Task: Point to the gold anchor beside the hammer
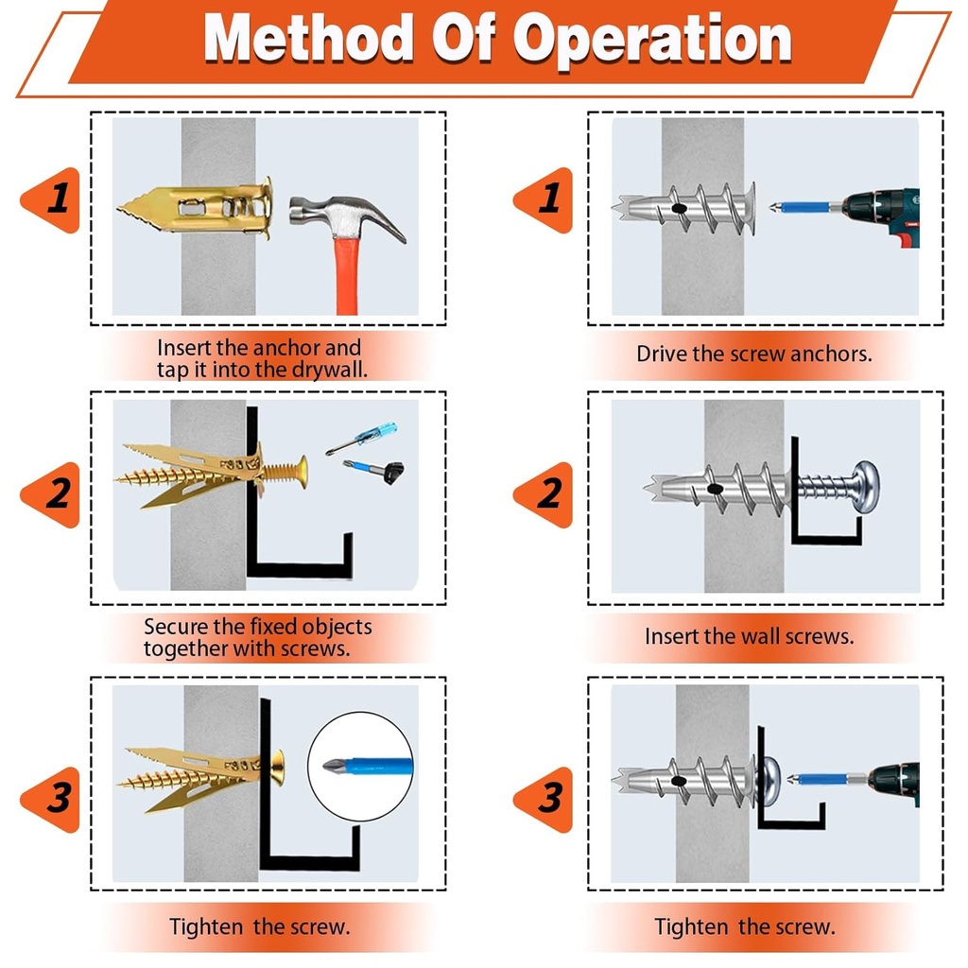[203, 206]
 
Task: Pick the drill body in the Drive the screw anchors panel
[885, 212]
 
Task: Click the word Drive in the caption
[661, 354]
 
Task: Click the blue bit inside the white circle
[364, 767]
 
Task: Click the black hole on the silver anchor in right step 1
[678, 208]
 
